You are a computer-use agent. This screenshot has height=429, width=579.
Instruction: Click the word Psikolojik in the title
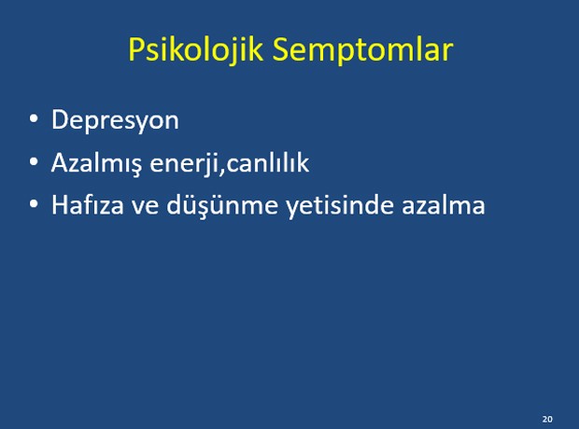pyautogui.click(x=195, y=50)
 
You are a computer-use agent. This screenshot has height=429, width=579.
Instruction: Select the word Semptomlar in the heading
pyautogui.click(x=362, y=50)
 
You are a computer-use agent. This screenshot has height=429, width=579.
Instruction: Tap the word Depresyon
pyautogui.click(x=115, y=120)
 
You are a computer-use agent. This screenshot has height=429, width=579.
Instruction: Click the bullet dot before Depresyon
pyautogui.click(x=34, y=119)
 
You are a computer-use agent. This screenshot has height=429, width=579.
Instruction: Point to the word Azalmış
pyautogui.click(x=96, y=162)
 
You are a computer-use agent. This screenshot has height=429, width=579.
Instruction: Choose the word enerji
pyautogui.click(x=184, y=162)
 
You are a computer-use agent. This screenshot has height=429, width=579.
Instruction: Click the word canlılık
pyautogui.click(x=268, y=162)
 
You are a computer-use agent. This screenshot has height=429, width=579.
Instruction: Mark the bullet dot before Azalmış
pyautogui.click(x=34, y=161)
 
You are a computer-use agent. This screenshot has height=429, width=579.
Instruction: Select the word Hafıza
pyautogui.click(x=88, y=205)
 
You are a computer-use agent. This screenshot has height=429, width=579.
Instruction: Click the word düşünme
pyautogui.click(x=222, y=205)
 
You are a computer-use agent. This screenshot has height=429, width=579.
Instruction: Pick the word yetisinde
pyautogui.click(x=340, y=205)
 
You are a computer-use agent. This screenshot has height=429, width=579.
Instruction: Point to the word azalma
pyautogui.click(x=443, y=205)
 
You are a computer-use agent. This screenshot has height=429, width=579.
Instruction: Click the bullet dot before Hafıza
pyautogui.click(x=34, y=204)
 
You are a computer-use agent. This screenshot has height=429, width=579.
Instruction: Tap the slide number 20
pyautogui.click(x=547, y=419)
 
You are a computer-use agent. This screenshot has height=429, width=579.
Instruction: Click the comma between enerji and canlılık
pyautogui.click(x=222, y=171)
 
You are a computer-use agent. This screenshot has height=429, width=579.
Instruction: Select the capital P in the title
pyautogui.click(x=136, y=48)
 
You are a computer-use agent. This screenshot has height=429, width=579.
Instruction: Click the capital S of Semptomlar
pyautogui.click(x=280, y=48)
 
